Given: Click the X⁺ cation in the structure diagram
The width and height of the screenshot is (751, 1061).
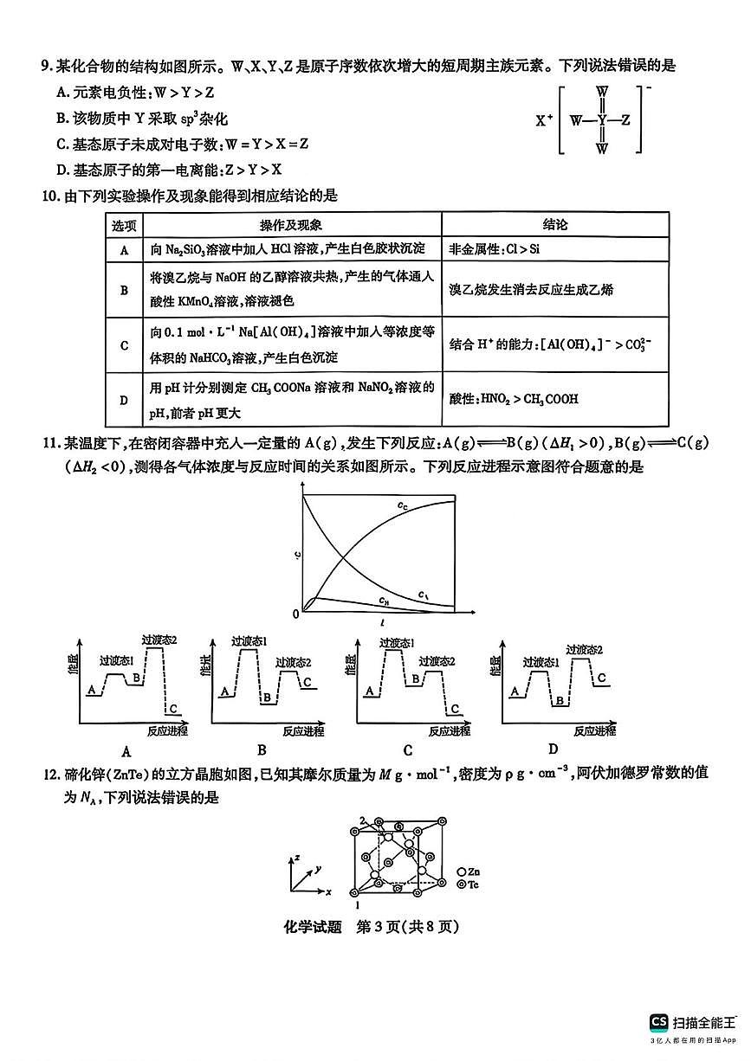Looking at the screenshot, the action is (x=544, y=120).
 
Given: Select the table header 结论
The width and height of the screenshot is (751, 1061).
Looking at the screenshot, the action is (x=555, y=225).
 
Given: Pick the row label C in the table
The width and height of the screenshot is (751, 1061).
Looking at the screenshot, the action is (x=124, y=345).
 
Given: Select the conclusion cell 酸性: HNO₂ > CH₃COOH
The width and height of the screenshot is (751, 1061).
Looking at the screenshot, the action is (x=514, y=399).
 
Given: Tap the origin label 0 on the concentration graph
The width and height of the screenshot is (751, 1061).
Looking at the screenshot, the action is (x=295, y=614).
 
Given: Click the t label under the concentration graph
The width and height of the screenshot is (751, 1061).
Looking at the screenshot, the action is (x=382, y=623).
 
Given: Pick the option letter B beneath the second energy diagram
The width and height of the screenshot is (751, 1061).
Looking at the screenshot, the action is (x=262, y=749).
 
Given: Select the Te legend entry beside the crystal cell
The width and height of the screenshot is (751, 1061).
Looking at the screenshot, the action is (x=468, y=884).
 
